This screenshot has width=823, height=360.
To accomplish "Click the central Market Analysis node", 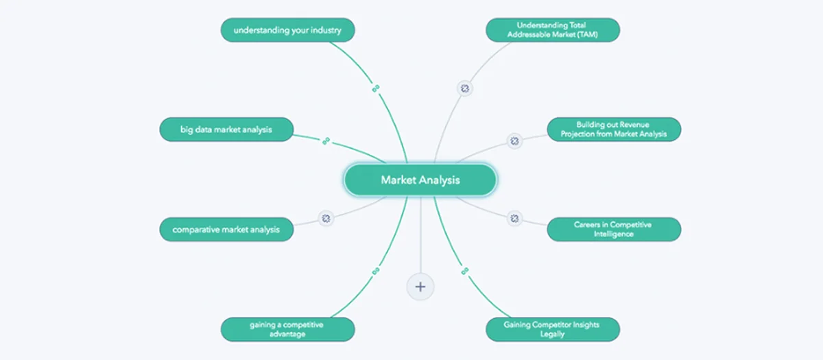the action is [x=420, y=180].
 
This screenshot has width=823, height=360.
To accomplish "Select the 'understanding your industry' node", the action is [x=287, y=30].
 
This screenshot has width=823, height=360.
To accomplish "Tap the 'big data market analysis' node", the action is [x=226, y=130].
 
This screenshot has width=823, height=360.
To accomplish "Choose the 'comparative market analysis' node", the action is [x=226, y=229].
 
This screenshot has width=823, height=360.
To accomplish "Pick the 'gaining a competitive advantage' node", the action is [x=287, y=329].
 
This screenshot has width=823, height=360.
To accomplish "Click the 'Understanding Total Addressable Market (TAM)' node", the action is [x=553, y=30].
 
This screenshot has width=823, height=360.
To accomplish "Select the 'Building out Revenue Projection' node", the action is [x=614, y=130].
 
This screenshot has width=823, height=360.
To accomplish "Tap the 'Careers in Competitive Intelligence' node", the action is [x=614, y=229].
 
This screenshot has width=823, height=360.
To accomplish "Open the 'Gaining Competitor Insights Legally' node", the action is [x=553, y=329].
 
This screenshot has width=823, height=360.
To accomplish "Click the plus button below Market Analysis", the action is [x=420, y=287].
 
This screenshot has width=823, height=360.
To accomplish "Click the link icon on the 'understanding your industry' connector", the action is [x=376, y=88].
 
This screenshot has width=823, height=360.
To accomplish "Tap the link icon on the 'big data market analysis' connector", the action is [x=326, y=141].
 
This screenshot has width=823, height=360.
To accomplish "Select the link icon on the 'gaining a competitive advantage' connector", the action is [x=376, y=272].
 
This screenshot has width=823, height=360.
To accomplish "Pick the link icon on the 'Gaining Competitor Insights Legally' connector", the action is [x=465, y=271].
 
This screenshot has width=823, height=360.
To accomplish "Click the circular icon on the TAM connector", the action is [x=465, y=88].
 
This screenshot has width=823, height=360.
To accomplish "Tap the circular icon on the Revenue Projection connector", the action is [x=514, y=141].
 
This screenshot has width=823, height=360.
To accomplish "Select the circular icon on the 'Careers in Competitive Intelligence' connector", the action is [x=514, y=219].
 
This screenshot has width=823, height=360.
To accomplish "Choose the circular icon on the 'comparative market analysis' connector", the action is [x=326, y=219].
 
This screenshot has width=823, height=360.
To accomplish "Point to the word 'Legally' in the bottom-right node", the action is [x=552, y=335].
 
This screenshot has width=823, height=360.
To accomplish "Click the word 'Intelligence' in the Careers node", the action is [x=614, y=234].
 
